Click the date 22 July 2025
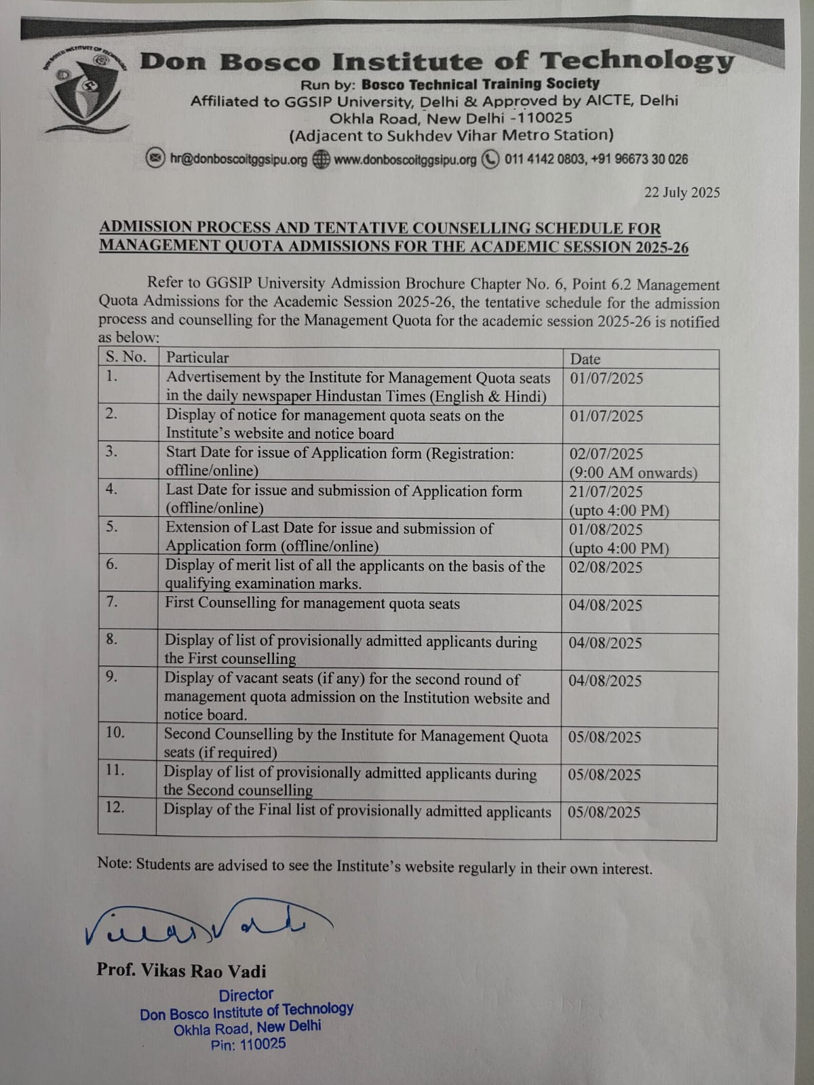pos(682,193)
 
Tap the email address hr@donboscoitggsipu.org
pos(239,159)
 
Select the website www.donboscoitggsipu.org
pos(405,160)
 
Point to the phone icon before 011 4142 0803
pos(490,159)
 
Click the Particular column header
pos(197,357)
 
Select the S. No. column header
pos(125,357)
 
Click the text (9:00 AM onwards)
pos(633,473)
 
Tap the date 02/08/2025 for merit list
pos(605,567)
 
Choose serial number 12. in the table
pos(115,807)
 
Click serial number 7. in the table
pos(112,601)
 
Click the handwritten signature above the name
pos(203,922)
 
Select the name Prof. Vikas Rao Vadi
pos(181,971)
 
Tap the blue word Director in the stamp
pos(246,995)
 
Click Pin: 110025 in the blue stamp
pos(248,1044)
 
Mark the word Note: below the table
pos(115,863)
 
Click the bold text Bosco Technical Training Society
pos(480,84)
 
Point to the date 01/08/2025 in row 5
pos(606,530)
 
